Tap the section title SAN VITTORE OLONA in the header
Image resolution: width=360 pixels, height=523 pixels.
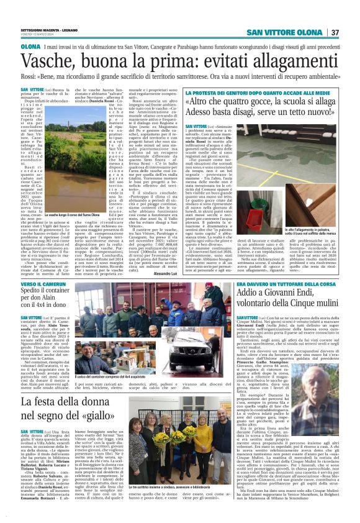click(x=284, y=32)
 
